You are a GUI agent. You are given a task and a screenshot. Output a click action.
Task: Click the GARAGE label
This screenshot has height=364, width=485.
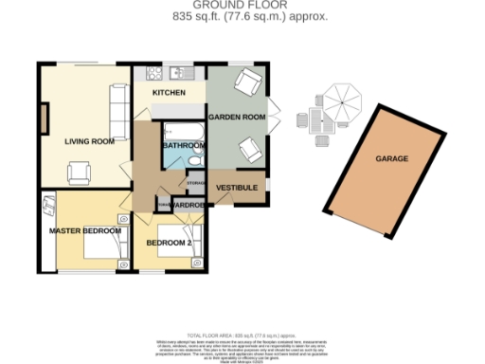391,158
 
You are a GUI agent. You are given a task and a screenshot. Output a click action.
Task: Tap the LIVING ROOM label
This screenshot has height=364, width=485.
89,141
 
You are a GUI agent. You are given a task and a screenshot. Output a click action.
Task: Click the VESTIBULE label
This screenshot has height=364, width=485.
237,188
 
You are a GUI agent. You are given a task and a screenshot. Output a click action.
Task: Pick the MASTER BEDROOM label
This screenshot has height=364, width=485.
85,230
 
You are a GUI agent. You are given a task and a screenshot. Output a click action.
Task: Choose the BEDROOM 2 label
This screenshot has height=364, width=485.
169,243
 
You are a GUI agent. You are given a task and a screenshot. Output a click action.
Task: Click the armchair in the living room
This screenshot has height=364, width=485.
80,172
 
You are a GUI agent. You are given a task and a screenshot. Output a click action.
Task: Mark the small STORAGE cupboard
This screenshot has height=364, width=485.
195,181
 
